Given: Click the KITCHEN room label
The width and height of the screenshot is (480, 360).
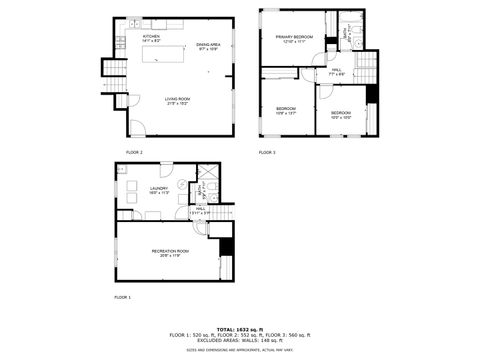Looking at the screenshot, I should pyautogui.click(x=152, y=36).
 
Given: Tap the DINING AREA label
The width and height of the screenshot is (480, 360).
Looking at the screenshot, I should pyautogui.click(x=208, y=44).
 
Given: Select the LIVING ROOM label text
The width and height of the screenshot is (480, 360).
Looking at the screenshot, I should pyautogui.click(x=178, y=99).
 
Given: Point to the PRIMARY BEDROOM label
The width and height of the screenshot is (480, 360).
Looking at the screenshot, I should pyautogui.click(x=295, y=37).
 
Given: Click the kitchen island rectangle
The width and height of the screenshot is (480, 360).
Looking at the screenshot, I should pyautogui.click(x=169, y=51).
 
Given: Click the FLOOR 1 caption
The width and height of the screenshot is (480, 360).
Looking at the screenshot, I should pyautogui.click(x=122, y=297).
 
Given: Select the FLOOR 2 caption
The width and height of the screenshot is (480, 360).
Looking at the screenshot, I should pyautogui.click(x=134, y=152).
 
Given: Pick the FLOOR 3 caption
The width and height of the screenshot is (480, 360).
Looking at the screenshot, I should pyautogui.click(x=267, y=152).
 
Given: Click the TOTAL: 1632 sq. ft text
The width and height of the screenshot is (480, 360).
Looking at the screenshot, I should pyautogui.click(x=239, y=328).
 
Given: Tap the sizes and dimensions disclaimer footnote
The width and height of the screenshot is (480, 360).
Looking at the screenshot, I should pyautogui.click(x=239, y=350).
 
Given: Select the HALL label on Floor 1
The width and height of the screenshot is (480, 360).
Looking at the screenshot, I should pyautogui.click(x=200, y=209).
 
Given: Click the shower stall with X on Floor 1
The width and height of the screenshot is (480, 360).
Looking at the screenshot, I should pyautogui.click(x=200, y=188).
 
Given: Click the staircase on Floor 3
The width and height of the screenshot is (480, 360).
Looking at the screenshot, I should pyautogui.click(x=366, y=68).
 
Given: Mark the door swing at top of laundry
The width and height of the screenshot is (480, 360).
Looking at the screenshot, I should pyautogui.click(x=165, y=170).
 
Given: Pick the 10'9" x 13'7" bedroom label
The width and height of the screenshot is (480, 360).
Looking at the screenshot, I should pyautogui.click(x=286, y=111).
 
